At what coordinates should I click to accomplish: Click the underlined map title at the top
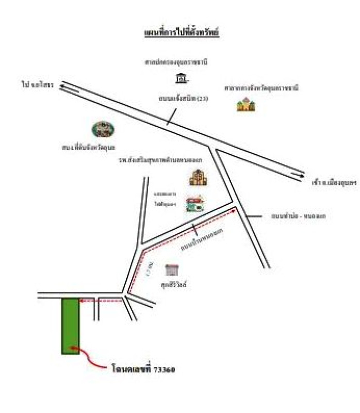pyautogui.click(x=182, y=33)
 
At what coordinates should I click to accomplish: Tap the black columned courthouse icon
pyautogui.click(x=180, y=78)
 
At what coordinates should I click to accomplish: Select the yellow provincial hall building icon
pyautogui.click(x=246, y=105)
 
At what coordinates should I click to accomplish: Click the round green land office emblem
pyautogui.click(x=103, y=129)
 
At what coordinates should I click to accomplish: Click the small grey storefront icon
pyautogui.click(x=171, y=269)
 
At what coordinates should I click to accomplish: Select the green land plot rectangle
pyautogui.click(x=71, y=326)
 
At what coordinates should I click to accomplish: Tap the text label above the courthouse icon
pyautogui.click(x=176, y=62)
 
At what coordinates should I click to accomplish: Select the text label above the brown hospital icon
pyautogui.click(x=160, y=160)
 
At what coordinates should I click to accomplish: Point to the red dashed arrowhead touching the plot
pyautogui.click(x=83, y=300)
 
